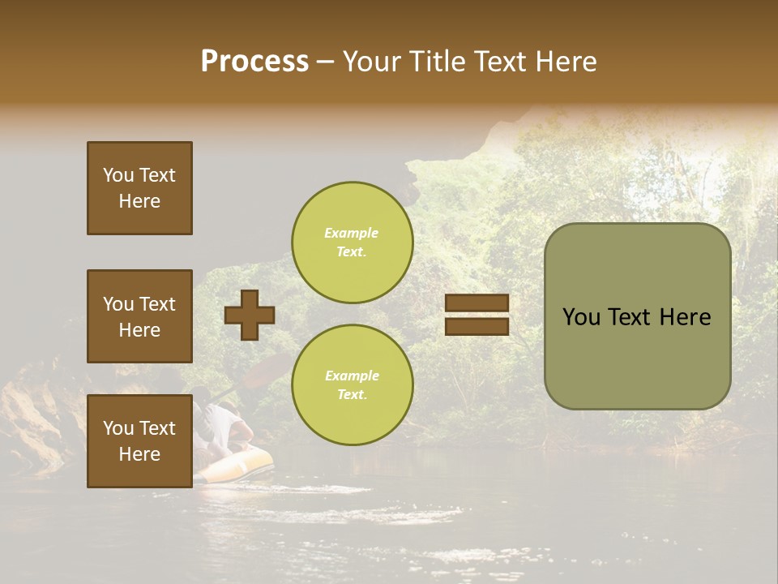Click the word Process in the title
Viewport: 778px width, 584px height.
coord(254,62)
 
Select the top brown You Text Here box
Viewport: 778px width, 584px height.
coord(139,188)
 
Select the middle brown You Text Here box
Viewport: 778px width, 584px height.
coord(139,316)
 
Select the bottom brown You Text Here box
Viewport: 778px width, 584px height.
coord(139,441)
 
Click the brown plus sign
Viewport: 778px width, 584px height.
coord(250,315)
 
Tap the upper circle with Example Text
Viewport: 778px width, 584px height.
coord(352,243)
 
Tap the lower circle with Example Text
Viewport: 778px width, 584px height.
coord(352,384)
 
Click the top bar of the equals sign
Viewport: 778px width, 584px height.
coord(477,303)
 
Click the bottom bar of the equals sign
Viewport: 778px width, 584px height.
coord(477,326)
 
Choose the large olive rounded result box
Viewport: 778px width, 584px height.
coord(637,316)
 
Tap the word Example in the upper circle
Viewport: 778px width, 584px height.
coord(351,234)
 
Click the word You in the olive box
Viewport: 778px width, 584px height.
coord(582,317)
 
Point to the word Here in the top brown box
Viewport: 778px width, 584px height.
coord(139,201)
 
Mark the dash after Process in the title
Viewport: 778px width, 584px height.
coord(325,62)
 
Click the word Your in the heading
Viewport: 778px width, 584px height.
coord(372,62)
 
